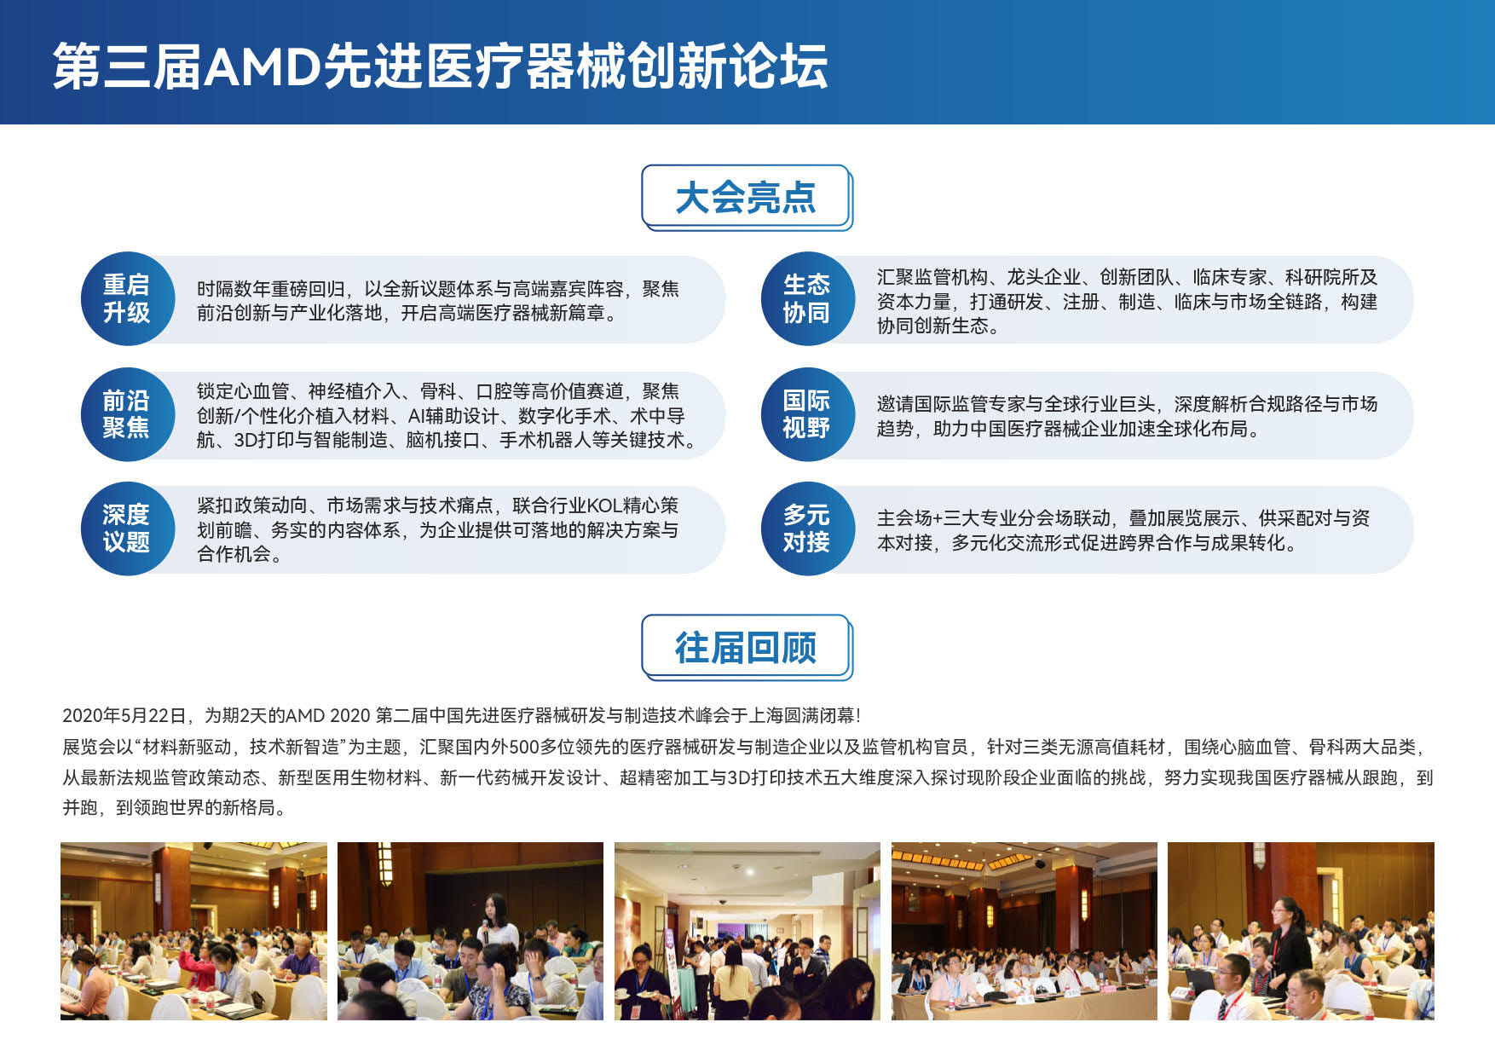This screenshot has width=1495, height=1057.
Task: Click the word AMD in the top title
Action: (x=262, y=66)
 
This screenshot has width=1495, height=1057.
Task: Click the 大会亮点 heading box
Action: (x=746, y=197)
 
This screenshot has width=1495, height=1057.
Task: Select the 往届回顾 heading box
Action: (x=746, y=647)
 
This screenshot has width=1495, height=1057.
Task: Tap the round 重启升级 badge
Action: (x=127, y=299)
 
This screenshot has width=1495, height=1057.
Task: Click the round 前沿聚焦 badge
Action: (x=127, y=415)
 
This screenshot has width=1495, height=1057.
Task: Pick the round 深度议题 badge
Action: (x=127, y=529)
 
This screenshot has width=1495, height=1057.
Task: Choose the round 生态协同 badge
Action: (x=806, y=299)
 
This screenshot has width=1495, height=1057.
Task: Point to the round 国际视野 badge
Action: (x=806, y=415)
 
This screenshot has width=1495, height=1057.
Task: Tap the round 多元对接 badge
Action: (x=806, y=529)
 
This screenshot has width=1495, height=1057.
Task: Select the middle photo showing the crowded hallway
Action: (x=747, y=931)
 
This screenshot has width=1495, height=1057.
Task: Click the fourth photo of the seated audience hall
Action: (x=1024, y=931)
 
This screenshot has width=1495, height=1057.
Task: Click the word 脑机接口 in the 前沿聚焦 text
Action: (x=443, y=440)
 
